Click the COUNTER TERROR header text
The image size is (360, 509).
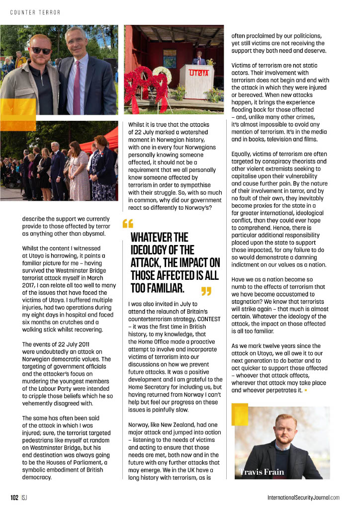[35, 12]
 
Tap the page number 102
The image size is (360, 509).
[14, 497]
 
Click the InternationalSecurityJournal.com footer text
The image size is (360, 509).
[303, 497]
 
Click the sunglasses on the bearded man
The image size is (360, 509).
[41, 50]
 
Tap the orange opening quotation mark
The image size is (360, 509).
[128, 225]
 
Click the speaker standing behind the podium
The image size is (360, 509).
[199, 59]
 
